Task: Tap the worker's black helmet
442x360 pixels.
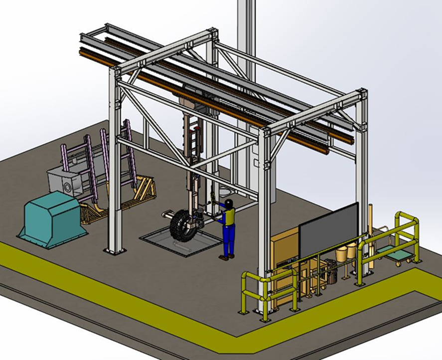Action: [229, 203]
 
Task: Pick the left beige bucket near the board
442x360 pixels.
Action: [343, 252]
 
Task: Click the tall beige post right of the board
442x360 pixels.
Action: [371, 219]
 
